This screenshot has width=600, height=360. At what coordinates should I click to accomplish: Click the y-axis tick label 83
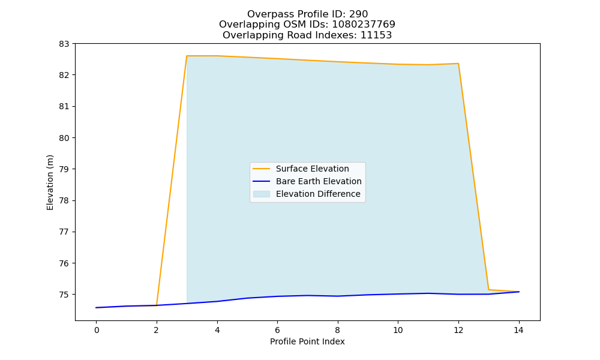64,44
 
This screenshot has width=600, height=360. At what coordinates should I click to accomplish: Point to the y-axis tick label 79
64,169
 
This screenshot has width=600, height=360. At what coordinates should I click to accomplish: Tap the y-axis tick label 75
64,295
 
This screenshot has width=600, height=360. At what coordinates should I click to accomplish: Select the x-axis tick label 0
97,330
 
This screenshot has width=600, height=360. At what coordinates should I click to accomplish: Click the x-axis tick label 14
518,330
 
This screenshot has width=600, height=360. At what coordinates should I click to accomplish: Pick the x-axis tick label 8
337,330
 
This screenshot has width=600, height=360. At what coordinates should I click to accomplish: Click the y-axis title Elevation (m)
50,183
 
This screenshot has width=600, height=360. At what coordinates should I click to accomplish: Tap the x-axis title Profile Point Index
307,341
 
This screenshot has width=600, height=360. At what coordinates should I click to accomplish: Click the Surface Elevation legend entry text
312,169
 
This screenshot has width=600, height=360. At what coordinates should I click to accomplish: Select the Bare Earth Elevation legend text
319,181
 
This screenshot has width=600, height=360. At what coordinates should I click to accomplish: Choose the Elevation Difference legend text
318,194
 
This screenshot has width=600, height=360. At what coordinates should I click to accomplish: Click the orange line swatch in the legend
262,169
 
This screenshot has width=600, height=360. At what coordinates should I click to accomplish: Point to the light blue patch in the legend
262,194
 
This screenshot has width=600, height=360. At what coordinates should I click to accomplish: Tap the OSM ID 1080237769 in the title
364,25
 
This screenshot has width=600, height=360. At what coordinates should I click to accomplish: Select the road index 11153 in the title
376,35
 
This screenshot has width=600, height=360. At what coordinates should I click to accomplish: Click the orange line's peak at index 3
187,56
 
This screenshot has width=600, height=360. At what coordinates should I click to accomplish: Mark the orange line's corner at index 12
458,64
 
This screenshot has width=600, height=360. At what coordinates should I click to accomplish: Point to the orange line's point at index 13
488,290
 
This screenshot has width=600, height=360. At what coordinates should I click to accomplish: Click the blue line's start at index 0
97,308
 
